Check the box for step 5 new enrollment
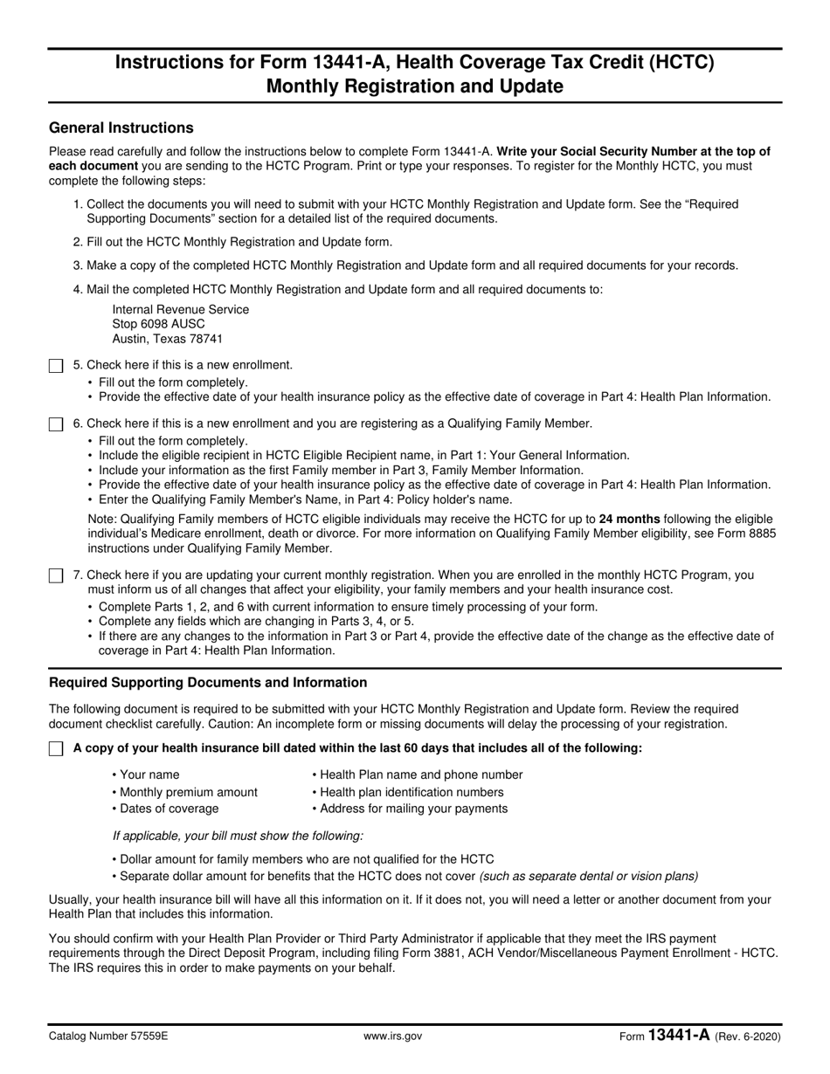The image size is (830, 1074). coord(56,366)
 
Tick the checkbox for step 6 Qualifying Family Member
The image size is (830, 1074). coord(56,424)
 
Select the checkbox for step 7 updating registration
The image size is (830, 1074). coord(56,576)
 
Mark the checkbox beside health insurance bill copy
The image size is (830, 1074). coord(56,749)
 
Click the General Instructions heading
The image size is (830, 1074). coord(121,128)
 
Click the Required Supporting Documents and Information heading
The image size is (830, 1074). coord(208,683)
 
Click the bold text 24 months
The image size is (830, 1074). coord(629,519)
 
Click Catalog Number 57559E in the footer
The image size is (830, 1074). coord(108,1036)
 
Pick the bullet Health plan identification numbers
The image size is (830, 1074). coord(410,792)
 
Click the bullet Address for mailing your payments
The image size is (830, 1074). coord(412,809)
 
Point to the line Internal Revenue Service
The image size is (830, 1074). coord(180,309)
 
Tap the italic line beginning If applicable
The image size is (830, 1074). coord(238,836)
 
